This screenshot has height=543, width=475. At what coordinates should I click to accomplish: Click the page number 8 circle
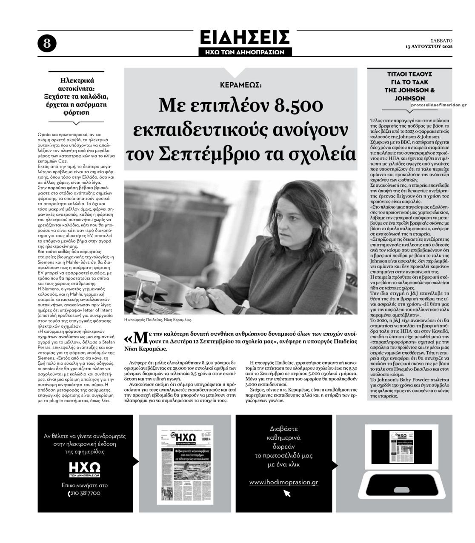[47, 43]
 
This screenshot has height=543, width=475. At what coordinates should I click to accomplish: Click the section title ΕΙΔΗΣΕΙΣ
[245, 37]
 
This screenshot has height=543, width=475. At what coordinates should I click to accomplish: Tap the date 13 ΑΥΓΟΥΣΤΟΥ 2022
[429, 46]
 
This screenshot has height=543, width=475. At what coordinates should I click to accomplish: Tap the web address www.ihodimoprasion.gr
[283, 482]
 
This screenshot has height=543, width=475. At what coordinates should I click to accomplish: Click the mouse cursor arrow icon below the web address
[287, 493]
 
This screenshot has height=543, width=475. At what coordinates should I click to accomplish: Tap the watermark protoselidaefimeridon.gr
[439, 105]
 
